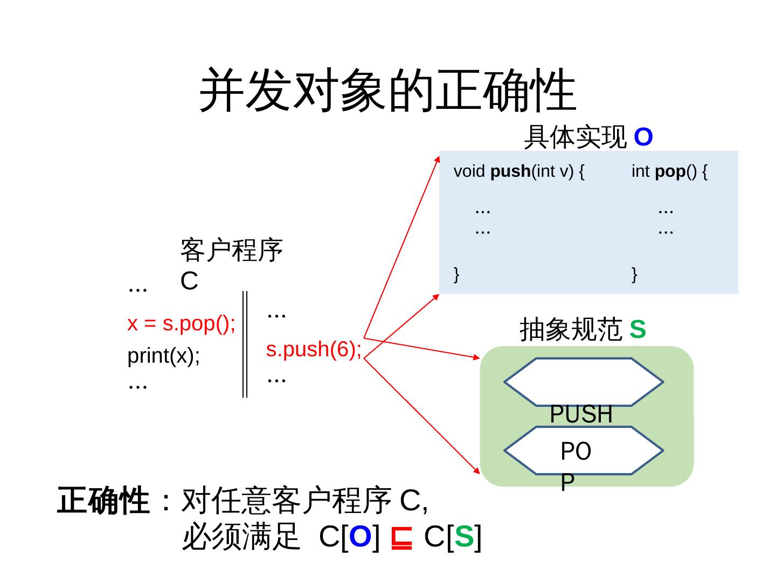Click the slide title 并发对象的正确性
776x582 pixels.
(388, 91)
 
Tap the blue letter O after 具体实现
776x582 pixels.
(643, 137)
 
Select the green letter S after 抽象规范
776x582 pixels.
(638, 329)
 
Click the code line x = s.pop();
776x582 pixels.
(181, 323)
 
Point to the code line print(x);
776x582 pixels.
(164, 356)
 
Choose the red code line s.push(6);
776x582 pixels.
(314, 349)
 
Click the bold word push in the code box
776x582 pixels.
(510, 171)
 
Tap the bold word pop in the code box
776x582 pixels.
(670, 171)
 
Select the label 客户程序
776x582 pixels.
(232, 251)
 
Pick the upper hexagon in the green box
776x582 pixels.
(583, 382)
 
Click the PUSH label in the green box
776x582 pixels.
(581, 414)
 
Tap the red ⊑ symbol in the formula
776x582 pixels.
(401, 537)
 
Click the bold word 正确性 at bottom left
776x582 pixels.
(102, 501)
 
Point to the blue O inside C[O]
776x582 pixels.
(361, 537)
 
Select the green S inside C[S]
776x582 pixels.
(464, 537)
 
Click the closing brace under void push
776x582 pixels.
(456, 274)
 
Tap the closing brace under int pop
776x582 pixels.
(634, 274)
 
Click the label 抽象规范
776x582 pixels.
(571, 329)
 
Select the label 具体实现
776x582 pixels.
(575, 137)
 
